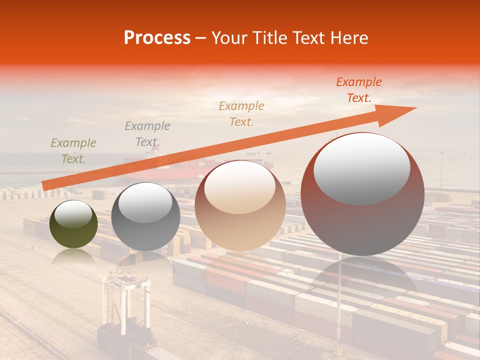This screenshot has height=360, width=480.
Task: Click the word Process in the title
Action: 157,38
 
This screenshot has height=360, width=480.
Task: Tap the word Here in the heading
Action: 349,38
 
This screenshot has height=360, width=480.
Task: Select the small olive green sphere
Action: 73,224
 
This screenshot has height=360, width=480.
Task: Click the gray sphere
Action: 145,216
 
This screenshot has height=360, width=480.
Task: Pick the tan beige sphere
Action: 240,205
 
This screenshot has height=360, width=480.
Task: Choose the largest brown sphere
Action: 362,194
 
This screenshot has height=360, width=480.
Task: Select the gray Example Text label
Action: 147,134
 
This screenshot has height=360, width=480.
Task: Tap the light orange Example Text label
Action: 241,113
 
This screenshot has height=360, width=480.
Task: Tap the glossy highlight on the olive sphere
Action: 73,215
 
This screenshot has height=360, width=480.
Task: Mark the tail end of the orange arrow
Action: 45,186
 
